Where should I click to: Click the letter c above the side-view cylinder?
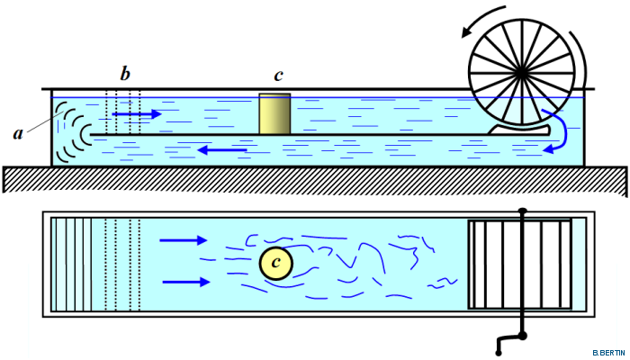[279, 74]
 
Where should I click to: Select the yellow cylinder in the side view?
[274, 113]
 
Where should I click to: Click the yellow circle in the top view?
[275, 263]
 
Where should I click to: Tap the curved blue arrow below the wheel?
[561, 130]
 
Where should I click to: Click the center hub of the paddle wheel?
[522, 69]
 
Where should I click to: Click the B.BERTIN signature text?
[609, 351]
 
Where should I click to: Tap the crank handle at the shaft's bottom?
[508, 342]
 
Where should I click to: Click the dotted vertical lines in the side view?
[123, 112]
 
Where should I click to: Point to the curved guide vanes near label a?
[69, 131]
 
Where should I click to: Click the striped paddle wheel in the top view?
[519, 263]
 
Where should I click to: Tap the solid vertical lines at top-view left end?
[72, 263]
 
